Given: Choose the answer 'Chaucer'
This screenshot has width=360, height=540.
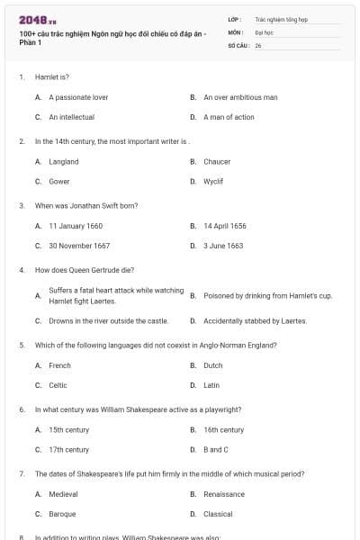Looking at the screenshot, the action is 217,162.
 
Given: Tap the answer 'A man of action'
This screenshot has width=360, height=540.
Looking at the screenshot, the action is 229,117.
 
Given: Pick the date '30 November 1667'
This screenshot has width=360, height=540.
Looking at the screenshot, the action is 79,246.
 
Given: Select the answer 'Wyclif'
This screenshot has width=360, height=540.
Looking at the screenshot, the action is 213,181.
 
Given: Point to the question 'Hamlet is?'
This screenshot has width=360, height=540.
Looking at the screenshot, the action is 52,77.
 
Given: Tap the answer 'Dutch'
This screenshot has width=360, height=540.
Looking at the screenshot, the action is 212,365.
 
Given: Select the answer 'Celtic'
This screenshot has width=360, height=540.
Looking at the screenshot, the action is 58,385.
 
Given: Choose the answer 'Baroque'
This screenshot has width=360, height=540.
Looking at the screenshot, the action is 62,514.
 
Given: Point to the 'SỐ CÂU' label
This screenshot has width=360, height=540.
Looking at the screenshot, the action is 238,45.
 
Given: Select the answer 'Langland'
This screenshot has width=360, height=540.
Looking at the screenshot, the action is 64,162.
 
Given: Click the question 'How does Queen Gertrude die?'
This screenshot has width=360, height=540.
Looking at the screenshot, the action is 84,270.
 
